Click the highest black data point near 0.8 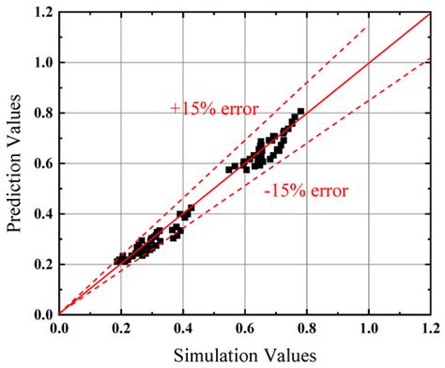[300, 113]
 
